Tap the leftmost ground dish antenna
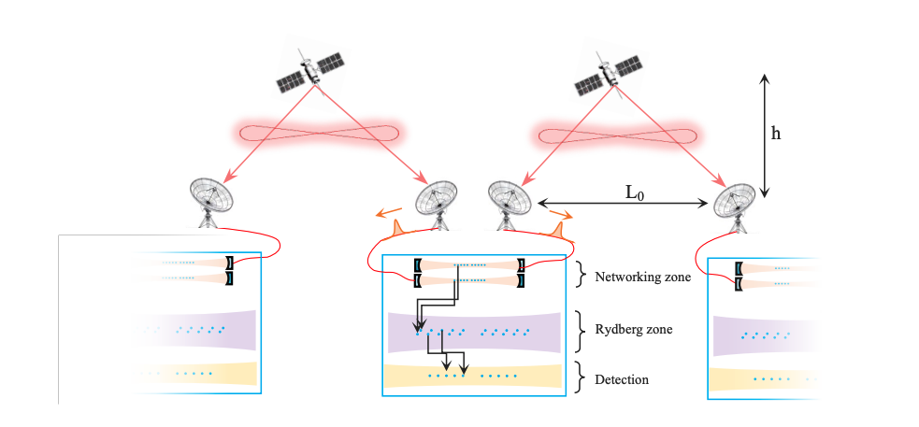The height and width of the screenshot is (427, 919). coord(212,199)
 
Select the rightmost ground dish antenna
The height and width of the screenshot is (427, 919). coord(735,202)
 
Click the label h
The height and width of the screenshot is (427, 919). coord(776,133)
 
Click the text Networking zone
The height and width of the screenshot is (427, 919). coord(642,277)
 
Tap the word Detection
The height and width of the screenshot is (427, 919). coord(622,379)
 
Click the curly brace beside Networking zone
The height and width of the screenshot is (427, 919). coord(582,275)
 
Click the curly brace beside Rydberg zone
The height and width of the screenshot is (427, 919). coord(582,328)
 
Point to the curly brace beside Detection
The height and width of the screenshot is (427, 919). coord(582,378)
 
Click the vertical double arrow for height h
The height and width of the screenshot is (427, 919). coord(765,135)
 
